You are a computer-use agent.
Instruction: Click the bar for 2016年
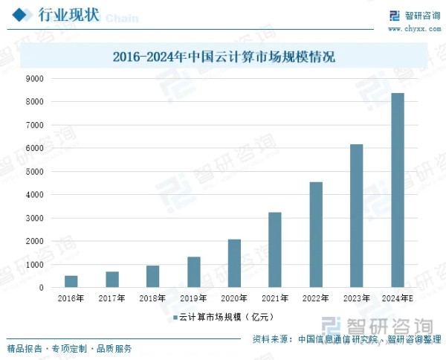(x=71, y=282)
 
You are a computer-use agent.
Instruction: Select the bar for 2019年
(x=193, y=272)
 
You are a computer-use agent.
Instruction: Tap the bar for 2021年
(x=275, y=250)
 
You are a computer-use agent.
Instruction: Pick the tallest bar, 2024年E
(x=398, y=190)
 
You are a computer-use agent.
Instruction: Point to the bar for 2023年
(x=357, y=216)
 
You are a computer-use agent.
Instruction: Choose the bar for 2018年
(x=152, y=277)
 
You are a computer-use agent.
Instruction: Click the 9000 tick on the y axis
(x=35, y=78)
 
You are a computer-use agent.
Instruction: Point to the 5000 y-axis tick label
(x=35, y=171)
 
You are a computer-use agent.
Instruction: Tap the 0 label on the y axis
(x=41, y=288)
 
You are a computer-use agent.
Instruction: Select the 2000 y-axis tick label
(x=35, y=241)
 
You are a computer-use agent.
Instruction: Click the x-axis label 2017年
(x=111, y=299)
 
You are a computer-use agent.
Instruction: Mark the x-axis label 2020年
(x=234, y=299)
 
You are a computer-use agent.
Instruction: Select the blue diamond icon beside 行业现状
(x=23, y=14)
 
